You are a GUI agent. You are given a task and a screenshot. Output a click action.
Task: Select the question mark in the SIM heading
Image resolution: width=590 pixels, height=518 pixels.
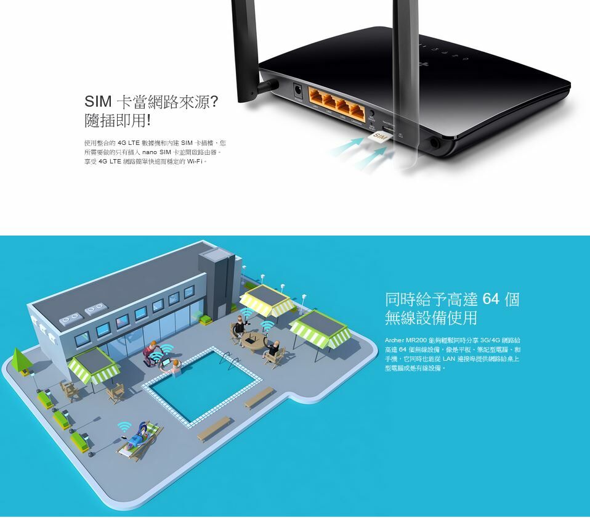pyautogui.click(x=214, y=102)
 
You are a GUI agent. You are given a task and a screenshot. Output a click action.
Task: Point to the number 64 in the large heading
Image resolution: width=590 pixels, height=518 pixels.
pyautogui.click(x=490, y=300)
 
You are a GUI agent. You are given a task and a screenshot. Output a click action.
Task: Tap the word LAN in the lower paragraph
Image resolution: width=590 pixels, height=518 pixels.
pyautogui.click(x=448, y=359)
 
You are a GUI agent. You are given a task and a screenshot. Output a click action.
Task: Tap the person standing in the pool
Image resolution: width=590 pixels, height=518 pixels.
pyautogui.click(x=176, y=369)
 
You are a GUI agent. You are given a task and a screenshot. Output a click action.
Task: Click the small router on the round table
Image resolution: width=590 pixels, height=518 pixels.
pyautogui.click(x=250, y=337)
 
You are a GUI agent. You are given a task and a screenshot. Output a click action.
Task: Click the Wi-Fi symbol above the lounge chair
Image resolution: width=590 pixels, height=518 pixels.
pyautogui.click(x=124, y=426)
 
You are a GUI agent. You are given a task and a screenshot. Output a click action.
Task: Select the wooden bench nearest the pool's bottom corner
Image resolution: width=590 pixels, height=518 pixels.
pyautogui.click(x=214, y=428)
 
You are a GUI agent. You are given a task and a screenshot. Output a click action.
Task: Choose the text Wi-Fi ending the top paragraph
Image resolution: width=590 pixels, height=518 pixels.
pyautogui.click(x=196, y=162)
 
